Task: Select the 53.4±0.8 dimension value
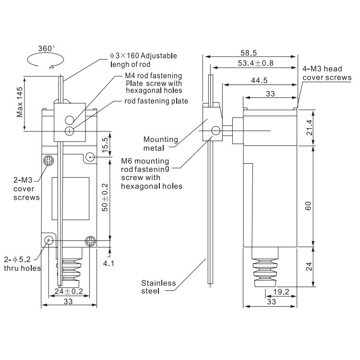pos(255,63)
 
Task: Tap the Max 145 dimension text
pos(20,104)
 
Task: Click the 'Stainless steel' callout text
pos(158,287)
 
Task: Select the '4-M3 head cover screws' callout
pos(326,73)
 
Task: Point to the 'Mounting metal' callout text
pos(161,144)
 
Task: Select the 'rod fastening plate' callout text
pos(156,101)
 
